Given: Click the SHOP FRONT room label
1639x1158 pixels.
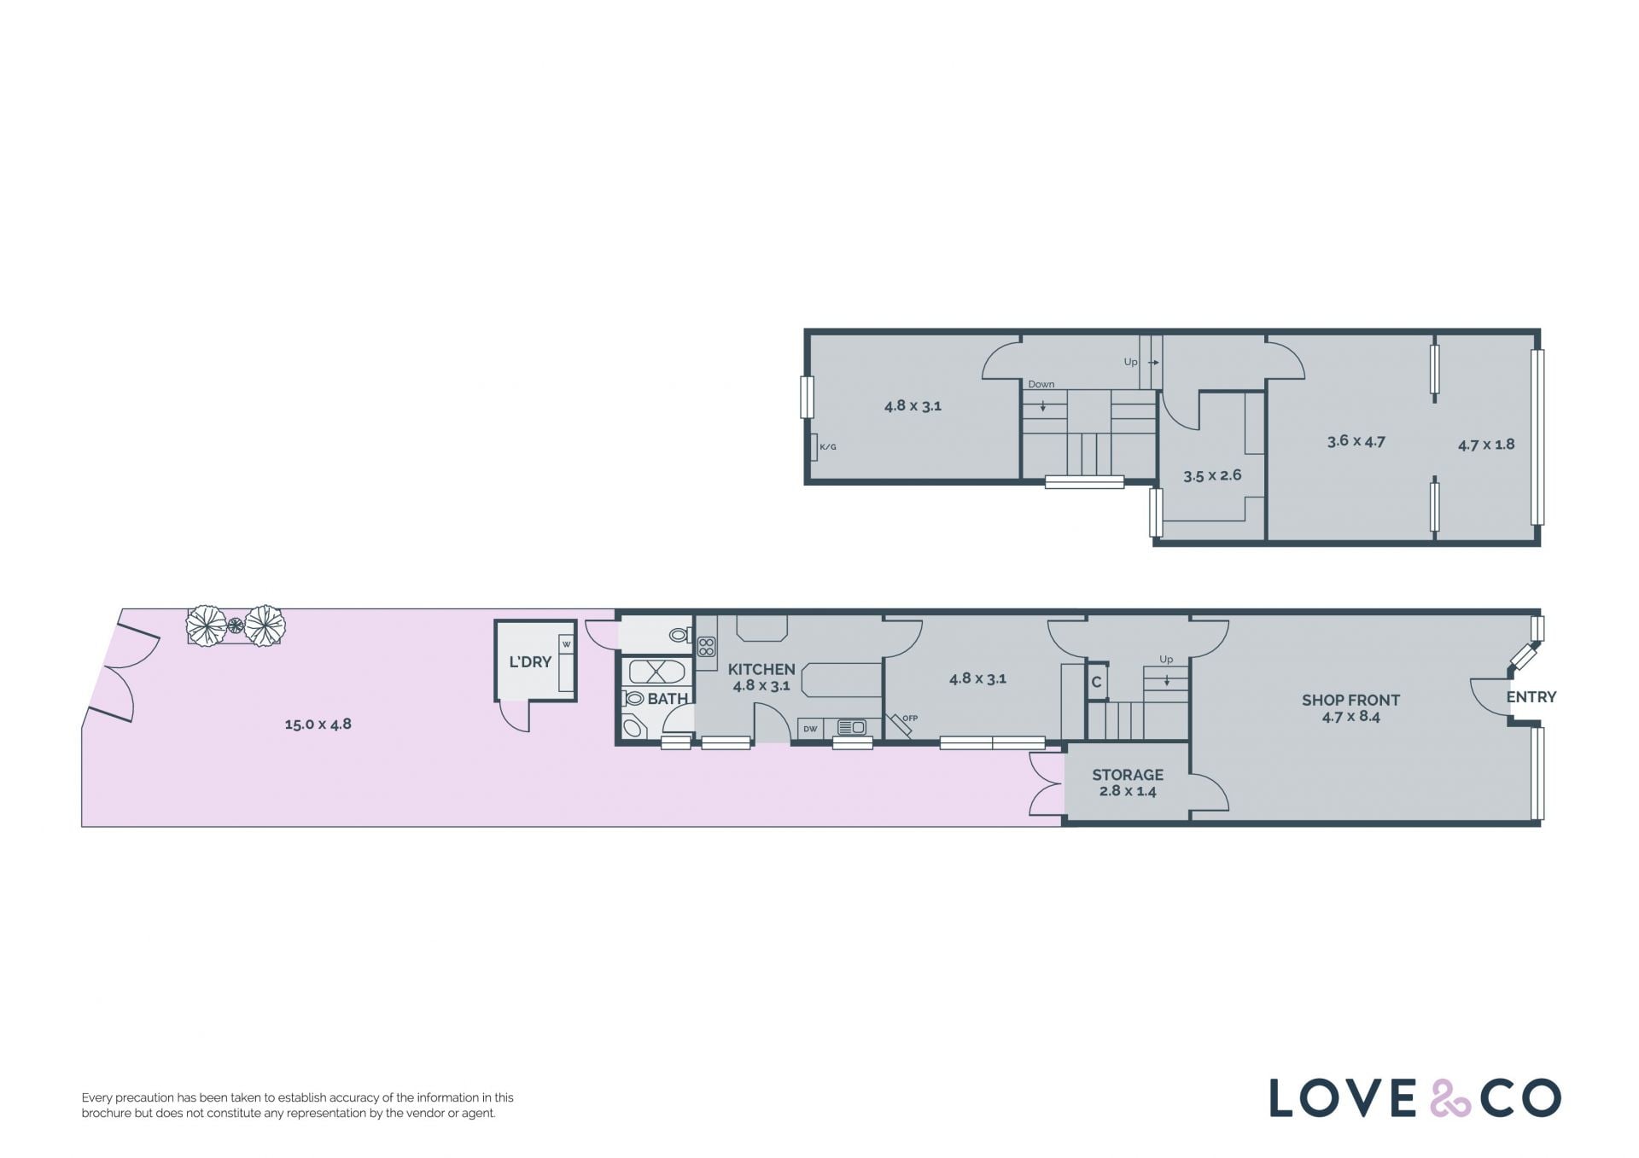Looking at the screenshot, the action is pos(1350,700).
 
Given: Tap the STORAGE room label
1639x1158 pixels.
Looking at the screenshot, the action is pos(1128,775).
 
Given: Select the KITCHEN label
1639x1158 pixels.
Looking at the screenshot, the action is pos(761,670).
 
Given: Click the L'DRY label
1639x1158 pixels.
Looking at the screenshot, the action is pos(530,661).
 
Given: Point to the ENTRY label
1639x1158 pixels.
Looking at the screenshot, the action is pos(1531,697).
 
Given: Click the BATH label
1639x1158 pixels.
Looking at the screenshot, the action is pos(668,699).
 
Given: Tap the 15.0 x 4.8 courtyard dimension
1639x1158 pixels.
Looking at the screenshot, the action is pos(318,724).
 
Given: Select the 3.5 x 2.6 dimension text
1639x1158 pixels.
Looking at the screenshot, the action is pos(1212,476).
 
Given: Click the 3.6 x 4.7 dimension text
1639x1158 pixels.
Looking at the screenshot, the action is pos(1356,441).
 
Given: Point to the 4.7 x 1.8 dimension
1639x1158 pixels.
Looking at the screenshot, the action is pos(1486,445).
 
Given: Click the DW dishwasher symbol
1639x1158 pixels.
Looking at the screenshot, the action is pos(810,729).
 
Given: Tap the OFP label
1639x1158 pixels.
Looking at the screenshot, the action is pos(910,719).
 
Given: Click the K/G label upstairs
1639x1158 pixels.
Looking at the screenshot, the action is pos(828,447).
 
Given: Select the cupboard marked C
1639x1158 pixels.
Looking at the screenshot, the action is pos(1097,682).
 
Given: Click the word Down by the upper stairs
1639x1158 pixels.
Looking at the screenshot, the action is pos(1041,384).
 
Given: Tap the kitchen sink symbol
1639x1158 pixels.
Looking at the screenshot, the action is pos(852,728).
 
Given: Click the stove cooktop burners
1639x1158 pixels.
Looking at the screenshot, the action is pos(706,647).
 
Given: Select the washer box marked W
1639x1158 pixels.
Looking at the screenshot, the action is pos(566,644).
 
